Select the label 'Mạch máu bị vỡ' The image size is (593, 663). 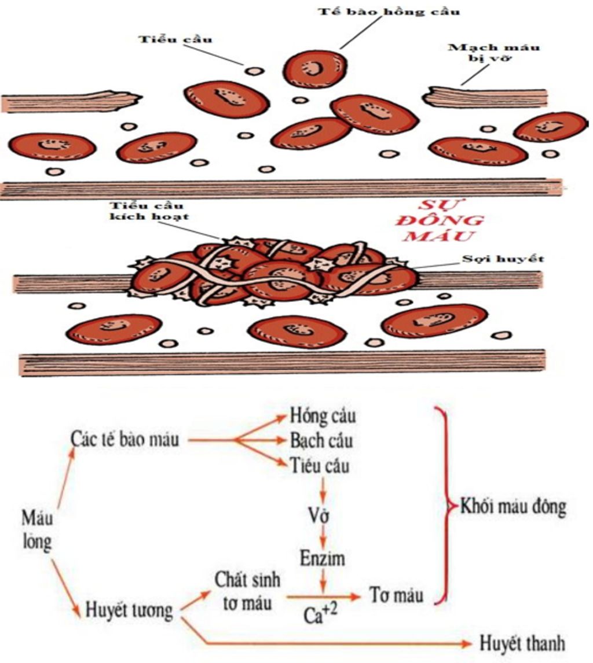point(494,53)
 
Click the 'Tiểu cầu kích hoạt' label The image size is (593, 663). point(155,211)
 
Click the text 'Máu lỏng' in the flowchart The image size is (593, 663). point(38,529)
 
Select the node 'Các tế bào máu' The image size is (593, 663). point(126,440)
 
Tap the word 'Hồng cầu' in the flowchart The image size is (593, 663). point(323,415)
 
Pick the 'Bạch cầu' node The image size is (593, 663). point(322,441)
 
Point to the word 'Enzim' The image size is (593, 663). point(322,558)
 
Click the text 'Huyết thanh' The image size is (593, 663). point(522,643)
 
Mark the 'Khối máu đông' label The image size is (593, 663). point(513,507)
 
